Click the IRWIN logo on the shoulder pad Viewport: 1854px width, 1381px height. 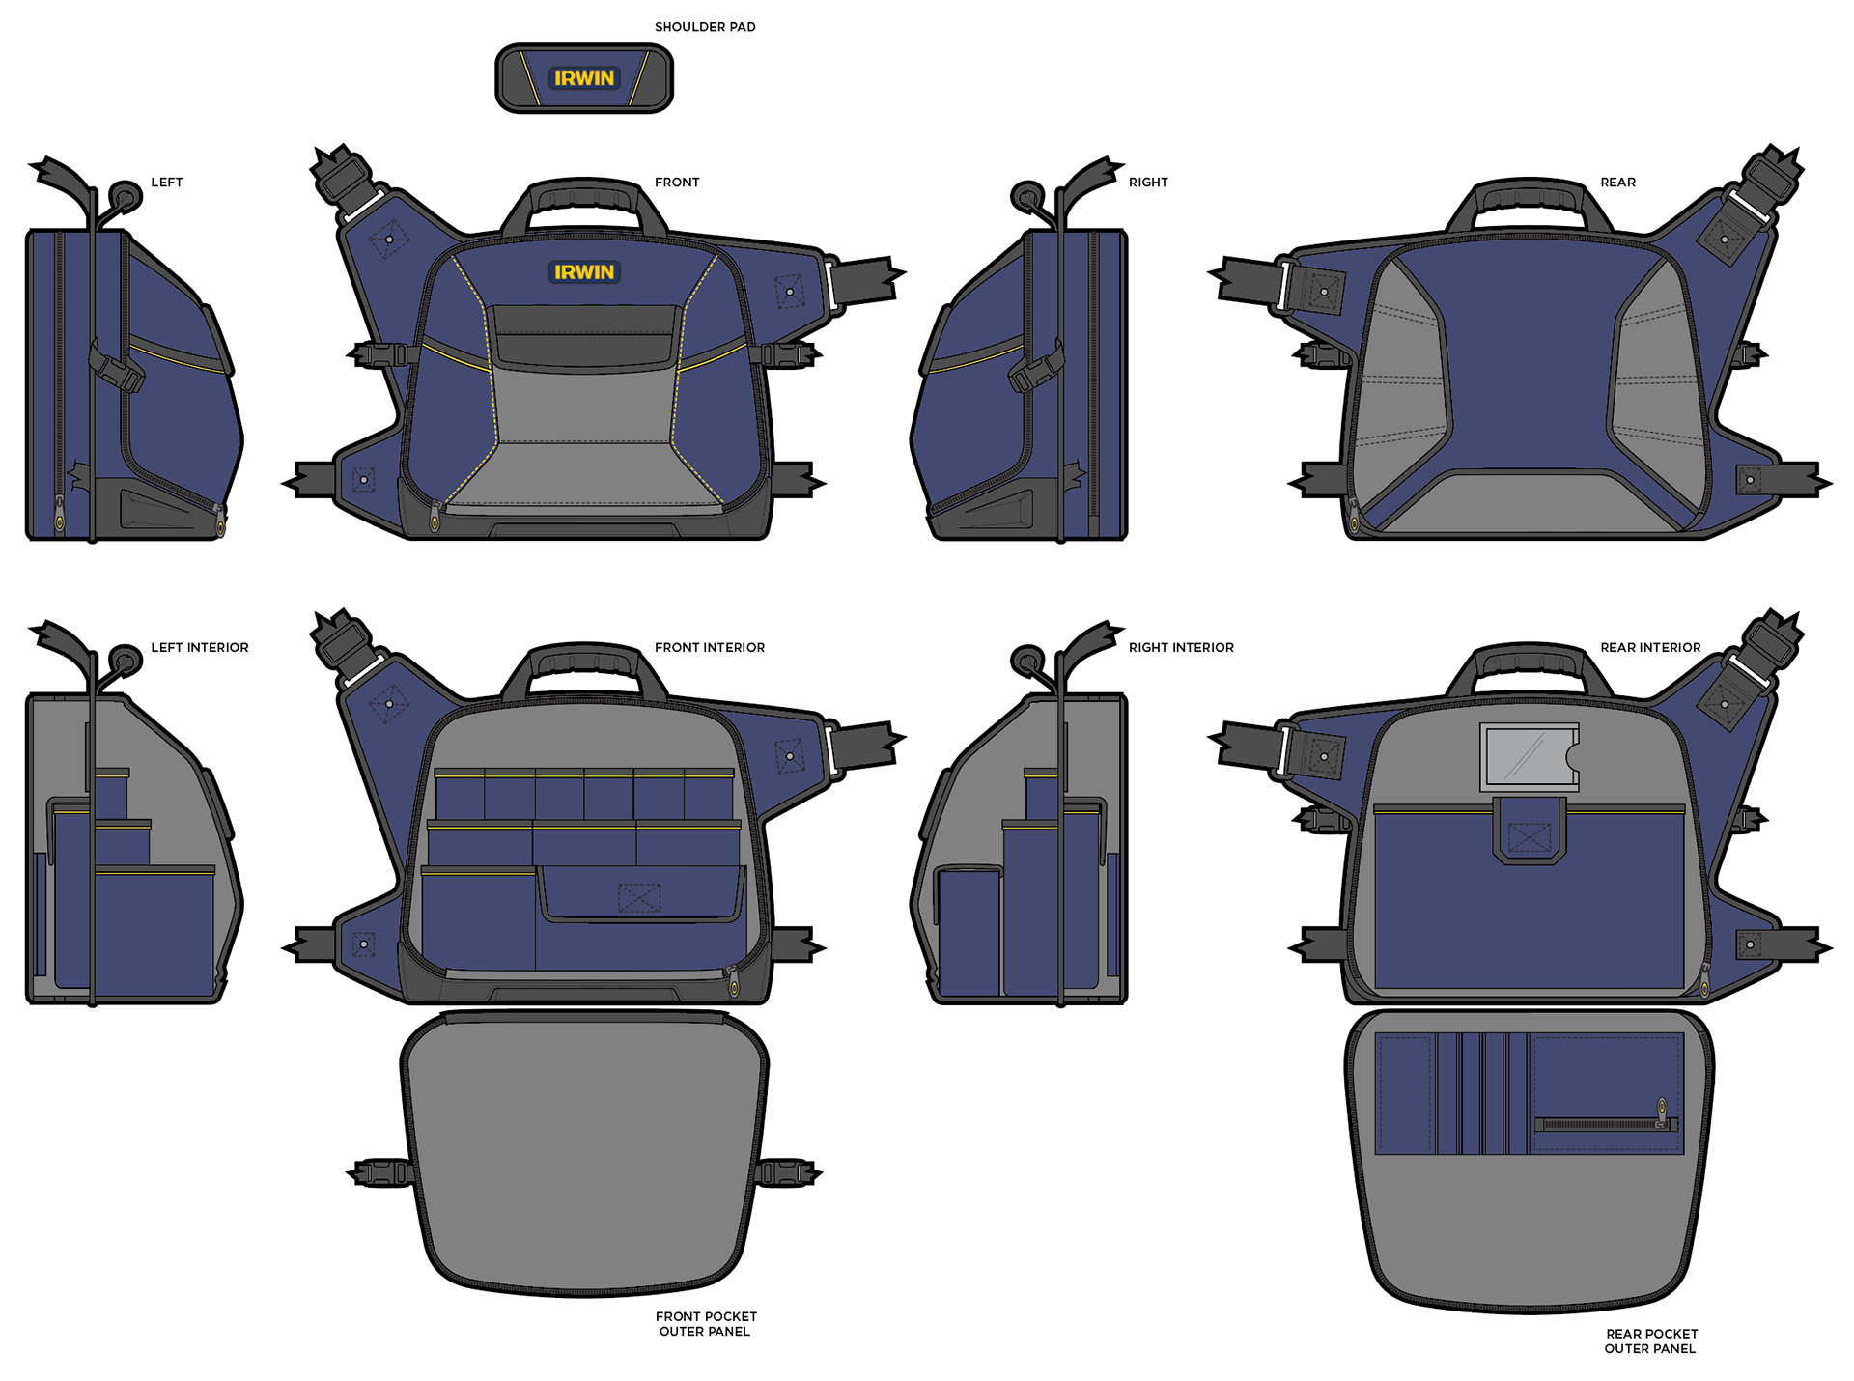click(x=584, y=78)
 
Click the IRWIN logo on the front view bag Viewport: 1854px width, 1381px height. click(x=584, y=272)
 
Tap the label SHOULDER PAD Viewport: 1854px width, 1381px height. click(x=705, y=27)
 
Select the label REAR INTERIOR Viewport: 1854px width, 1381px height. click(x=1650, y=647)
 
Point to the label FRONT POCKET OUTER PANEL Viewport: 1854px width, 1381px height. click(x=706, y=1323)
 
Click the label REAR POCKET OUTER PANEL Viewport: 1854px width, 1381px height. click(x=1651, y=1340)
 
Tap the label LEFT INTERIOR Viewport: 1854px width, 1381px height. click(x=200, y=647)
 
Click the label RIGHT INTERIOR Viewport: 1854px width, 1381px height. click(x=1181, y=647)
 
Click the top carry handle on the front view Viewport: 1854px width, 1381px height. click(x=584, y=198)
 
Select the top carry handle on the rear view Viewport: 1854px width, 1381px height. click(x=1529, y=198)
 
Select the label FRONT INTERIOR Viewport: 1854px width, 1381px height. click(x=710, y=647)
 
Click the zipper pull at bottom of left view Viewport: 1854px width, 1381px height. click(x=220, y=524)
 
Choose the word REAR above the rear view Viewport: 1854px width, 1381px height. click(x=1617, y=182)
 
